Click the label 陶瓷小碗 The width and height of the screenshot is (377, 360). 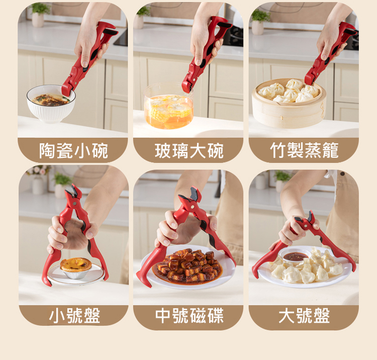(x=73, y=150)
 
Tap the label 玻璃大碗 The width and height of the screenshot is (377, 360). (x=189, y=151)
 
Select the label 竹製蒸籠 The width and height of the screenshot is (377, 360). (x=304, y=150)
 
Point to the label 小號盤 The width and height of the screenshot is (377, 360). (x=74, y=315)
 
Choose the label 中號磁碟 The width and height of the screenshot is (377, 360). (x=189, y=316)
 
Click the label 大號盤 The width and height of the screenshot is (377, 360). (x=304, y=316)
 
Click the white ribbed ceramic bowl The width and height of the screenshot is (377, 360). (x=51, y=104)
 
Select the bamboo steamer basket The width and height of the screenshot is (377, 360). (x=289, y=104)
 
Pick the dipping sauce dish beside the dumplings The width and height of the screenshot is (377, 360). (x=295, y=255)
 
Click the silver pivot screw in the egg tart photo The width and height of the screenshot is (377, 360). (x=74, y=204)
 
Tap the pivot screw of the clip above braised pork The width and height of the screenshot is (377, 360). (x=192, y=207)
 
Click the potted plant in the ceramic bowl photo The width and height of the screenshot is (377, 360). (x=39, y=15)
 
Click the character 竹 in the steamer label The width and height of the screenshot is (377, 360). (x=278, y=150)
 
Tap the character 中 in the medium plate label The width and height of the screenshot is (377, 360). (x=163, y=316)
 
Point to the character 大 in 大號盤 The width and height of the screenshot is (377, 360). (x=287, y=316)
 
